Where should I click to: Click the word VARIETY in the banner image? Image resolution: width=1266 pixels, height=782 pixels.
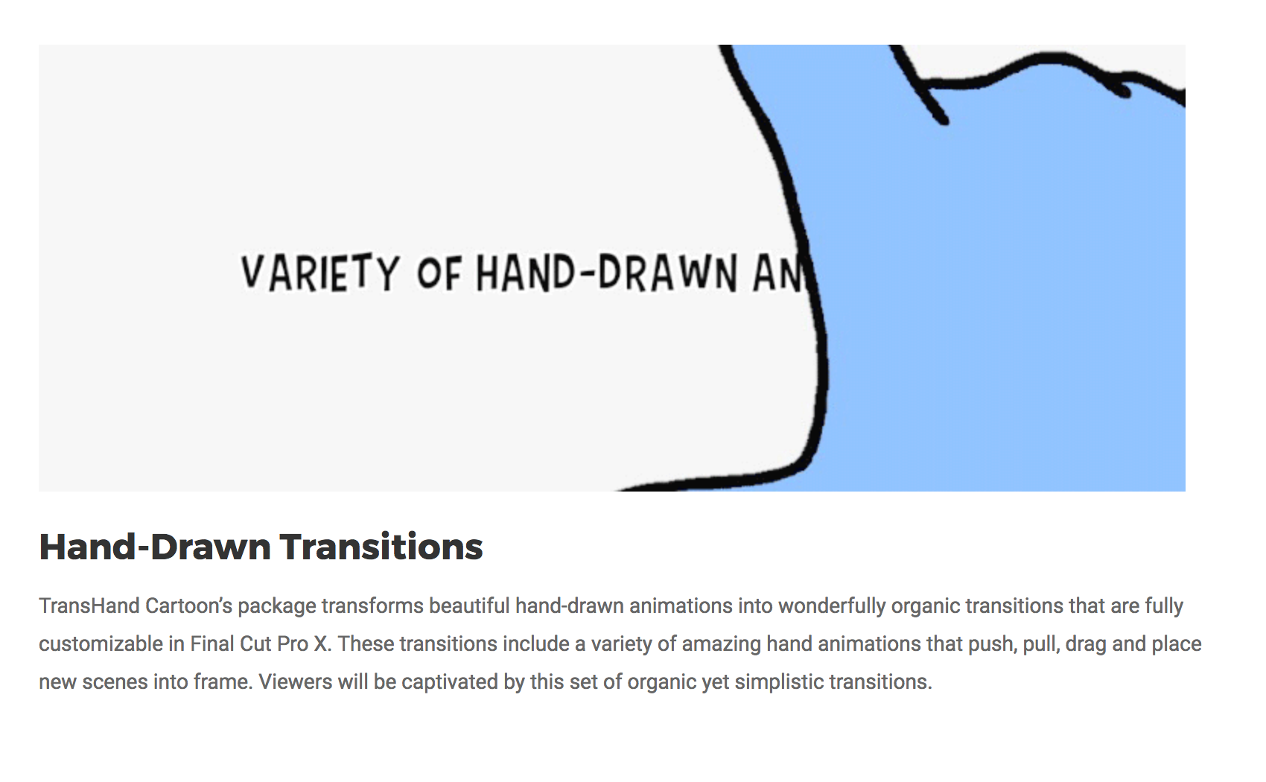[x=320, y=273]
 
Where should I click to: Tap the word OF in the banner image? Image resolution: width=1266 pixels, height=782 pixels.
[x=439, y=274]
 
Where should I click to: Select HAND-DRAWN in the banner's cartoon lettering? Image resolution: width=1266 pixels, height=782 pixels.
[x=606, y=273]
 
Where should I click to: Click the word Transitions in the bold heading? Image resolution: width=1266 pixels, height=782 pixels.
[x=381, y=547]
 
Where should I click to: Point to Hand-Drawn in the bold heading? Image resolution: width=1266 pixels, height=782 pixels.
[x=155, y=547]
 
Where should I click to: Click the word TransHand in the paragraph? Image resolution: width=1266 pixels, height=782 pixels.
[x=89, y=605]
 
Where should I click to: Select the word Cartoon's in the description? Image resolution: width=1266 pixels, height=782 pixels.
[x=188, y=605]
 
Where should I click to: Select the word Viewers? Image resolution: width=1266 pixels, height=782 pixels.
[x=296, y=681]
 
